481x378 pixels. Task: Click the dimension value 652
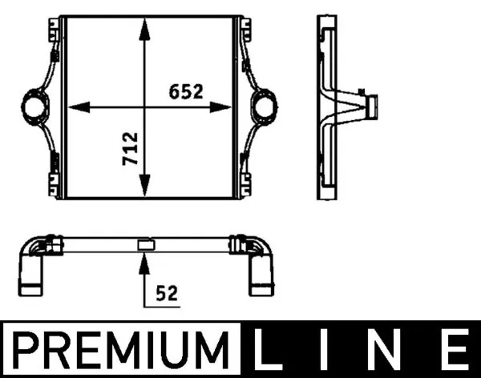(x=186, y=91)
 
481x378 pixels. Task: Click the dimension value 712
(x=130, y=149)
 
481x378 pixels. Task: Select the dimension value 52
(x=167, y=293)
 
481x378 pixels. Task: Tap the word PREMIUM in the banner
(x=120, y=350)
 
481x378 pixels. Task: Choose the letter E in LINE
(x=456, y=349)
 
